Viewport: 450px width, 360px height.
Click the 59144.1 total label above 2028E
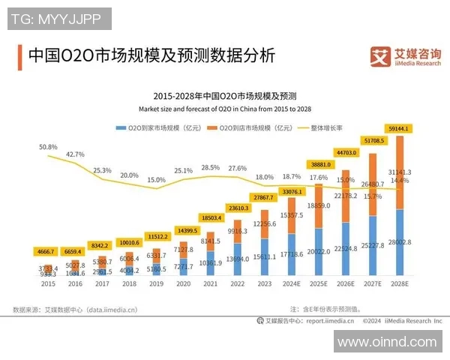pyautogui.click(x=396, y=127)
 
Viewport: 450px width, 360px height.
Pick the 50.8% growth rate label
pyautogui.click(x=48, y=147)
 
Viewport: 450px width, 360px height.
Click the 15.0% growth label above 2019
pyautogui.click(x=156, y=180)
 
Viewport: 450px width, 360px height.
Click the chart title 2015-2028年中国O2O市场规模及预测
pyautogui.click(x=225, y=96)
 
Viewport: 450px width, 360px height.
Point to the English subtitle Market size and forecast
pyautogui.click(x=225, y=109)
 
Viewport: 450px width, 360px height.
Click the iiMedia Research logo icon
pyautogui.click(x=380, y=56)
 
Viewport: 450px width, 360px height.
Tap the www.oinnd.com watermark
pyautogui.click(x=386, y=342)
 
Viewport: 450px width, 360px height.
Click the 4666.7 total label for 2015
pyautogui.click(x=48, y=252)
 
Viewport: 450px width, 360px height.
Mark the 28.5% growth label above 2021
pyautogui.click(x=211, y=167)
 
